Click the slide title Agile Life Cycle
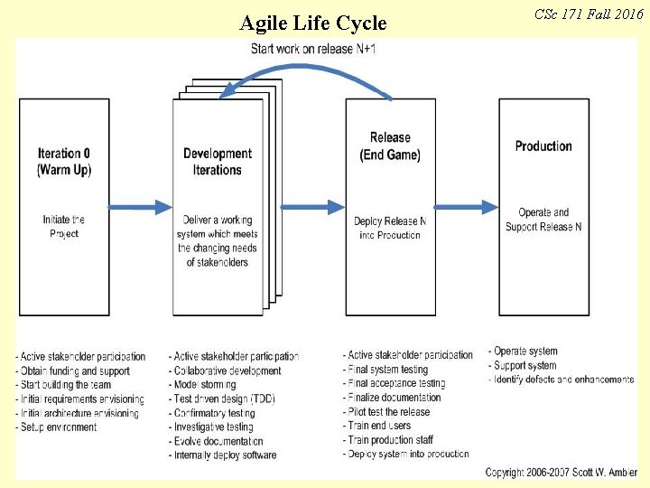click(x=312, y=23)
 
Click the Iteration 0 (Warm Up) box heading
click(x=64, y=162)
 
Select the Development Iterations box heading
click(x=218, y=162)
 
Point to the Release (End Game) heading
click(x=390, y=146)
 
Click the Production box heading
click(x=543, y=146)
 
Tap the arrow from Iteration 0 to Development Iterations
click(x=141, y=207)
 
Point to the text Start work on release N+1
click(x=313, y=48)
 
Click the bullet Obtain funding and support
click(x=73, y=371)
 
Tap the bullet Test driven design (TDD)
click(x=223, y=399)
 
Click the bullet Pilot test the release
click(x=388, y=411)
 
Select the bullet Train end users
click(x=379, y=426)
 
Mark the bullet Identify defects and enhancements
click(x=562, y=380)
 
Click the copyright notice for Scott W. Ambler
click(x=561, y=473)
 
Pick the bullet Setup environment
click(x=57, y=427)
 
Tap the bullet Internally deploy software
click(x=224, y=455)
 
